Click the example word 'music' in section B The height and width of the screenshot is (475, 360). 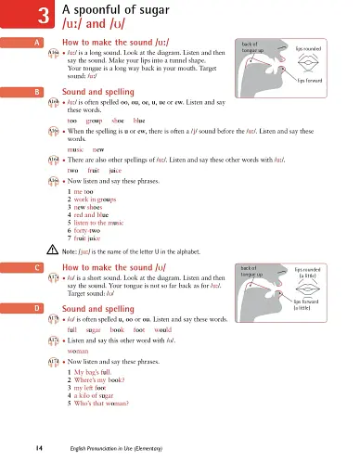click(x=76, y=148)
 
